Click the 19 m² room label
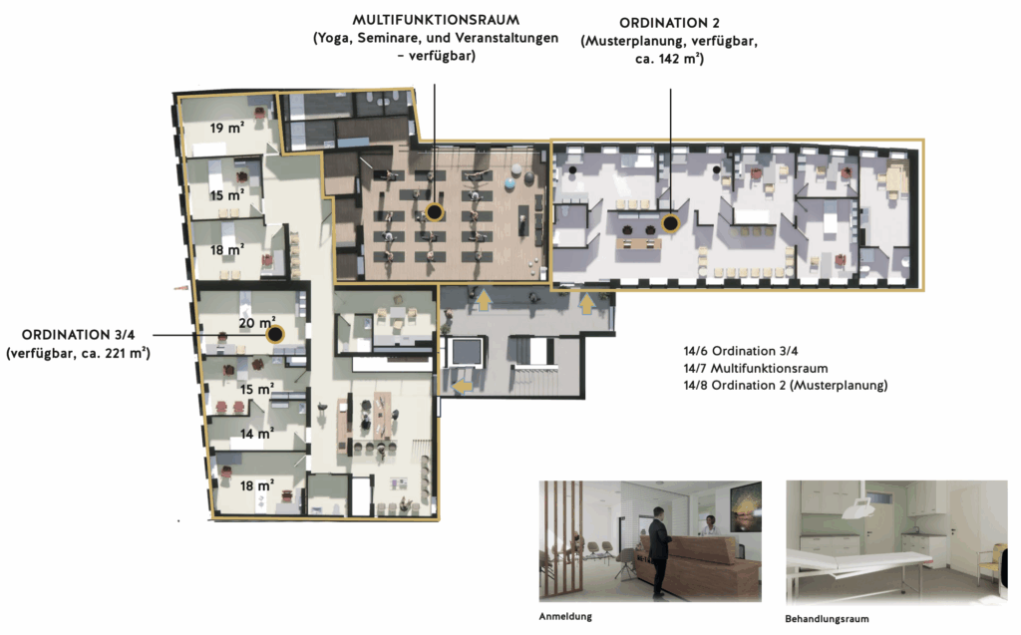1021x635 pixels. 226,128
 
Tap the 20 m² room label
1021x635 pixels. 256,323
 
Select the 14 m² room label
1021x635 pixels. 256,434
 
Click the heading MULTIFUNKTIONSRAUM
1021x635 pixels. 436,20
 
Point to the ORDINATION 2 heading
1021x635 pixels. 669,23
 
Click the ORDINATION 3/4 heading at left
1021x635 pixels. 78,335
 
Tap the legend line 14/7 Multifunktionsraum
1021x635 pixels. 756,368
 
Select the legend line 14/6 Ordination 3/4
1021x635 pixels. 741,351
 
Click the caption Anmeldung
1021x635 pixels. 565,616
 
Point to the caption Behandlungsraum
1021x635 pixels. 827,619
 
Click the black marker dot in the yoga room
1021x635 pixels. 435,211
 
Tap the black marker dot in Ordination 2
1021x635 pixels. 670,224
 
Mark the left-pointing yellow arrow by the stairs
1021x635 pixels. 463,387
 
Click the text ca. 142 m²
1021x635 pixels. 669,59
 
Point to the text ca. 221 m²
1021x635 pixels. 114,353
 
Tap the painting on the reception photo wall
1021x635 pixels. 746,507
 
